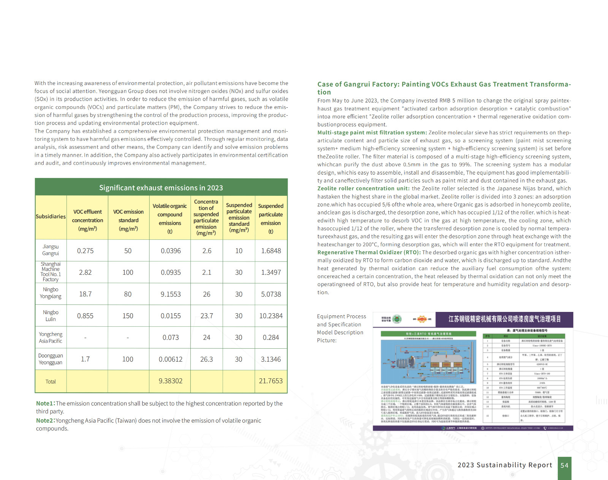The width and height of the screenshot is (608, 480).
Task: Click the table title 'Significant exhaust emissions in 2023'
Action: [x=161, y=188]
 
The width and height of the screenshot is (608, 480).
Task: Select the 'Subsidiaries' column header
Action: [x=51, y=217]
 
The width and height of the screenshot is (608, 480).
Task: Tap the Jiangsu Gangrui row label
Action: [x=51, y=250]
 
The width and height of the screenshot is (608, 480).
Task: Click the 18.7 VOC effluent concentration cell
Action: [x=85, y=294]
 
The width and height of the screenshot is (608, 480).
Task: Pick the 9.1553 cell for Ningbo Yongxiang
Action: [x=171, y=294]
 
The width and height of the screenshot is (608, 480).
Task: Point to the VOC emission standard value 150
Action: [x=128, y=316]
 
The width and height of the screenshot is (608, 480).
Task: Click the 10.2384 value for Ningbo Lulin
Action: [x=271, y=316]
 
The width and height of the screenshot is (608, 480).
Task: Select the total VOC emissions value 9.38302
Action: [x=171, y=381]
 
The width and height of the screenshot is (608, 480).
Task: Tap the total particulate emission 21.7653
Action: [x=271, y=381]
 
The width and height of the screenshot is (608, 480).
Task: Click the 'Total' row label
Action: [x=51, y=382]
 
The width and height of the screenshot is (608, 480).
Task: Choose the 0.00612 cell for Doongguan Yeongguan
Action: [x=171, y=359]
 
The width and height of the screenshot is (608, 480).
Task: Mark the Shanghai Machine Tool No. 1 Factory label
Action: [x=51, y=272]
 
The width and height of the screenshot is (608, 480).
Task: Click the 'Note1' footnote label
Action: [x=45, y=403]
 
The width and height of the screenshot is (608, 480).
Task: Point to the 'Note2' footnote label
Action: [x=45, y=420]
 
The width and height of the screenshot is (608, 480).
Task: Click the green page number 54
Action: [x=564, y=466]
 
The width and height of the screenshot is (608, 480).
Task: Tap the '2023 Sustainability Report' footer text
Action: [x=505, y=465]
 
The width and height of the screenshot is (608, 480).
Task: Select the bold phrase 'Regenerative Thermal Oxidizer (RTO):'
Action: [x=369, y=252]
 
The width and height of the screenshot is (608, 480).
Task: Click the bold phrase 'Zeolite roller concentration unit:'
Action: [x=363, y=189]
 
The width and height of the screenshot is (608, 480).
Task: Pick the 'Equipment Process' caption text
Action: [x=341, y=316]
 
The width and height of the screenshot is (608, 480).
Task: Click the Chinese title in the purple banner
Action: [x=504, y=319]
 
